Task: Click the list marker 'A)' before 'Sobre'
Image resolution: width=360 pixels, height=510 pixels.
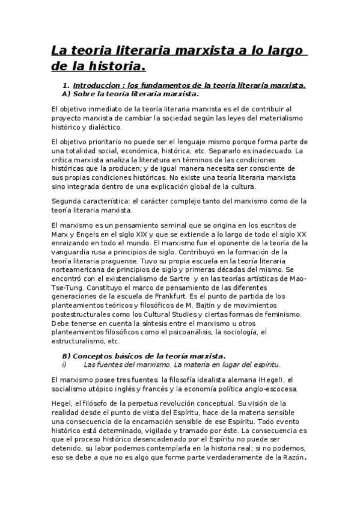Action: pyautogui.click(x=67, y=94)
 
